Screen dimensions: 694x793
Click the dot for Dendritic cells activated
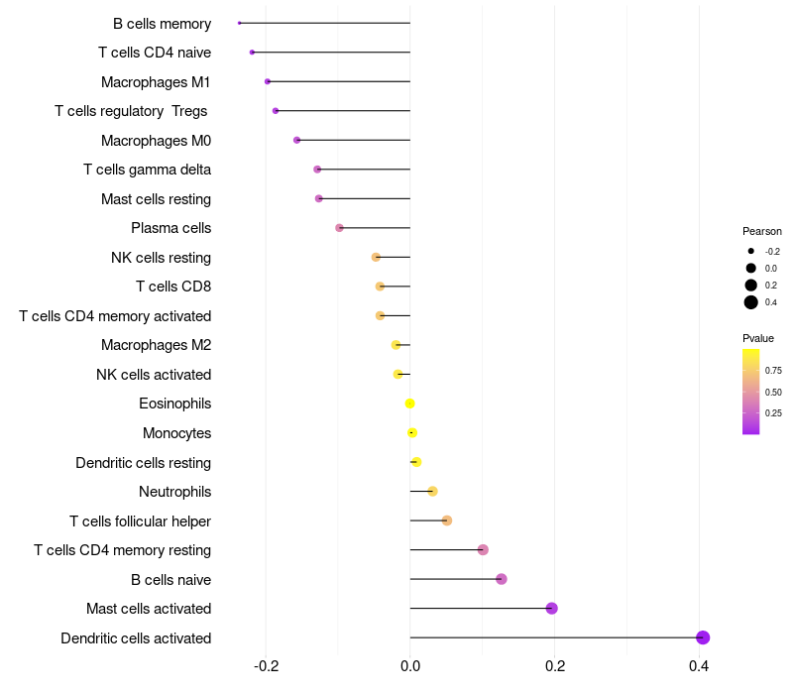(x=703, y=637)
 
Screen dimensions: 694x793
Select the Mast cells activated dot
(x=551, y=609)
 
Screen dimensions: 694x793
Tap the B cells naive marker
(x=502, y=579)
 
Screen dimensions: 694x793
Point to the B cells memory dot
(x=240, y=23)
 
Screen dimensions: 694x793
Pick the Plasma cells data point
(x=339, y=228)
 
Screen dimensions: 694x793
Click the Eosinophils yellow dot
(x=409, y=404)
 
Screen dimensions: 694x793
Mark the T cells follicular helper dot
(x=446, y=520)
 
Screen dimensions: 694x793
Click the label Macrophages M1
(x=156, y=82)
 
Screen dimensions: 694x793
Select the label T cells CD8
(x=173, y=288)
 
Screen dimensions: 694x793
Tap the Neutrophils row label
(x=174, y=492)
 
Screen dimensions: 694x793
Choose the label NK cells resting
(x=161, y=258)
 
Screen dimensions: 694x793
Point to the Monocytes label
(x=176, y=433)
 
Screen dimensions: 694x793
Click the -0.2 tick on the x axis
(x=266, y=665)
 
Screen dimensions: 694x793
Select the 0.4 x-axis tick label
(x=699, y=665)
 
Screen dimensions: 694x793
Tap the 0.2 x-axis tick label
(x=554, y=665)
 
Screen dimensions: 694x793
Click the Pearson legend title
(x=761, y=231)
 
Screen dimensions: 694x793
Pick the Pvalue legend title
(x=758, y=338)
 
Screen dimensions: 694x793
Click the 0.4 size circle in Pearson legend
(x=751, y=302)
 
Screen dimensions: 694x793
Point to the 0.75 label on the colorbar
(x=773, y=371)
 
